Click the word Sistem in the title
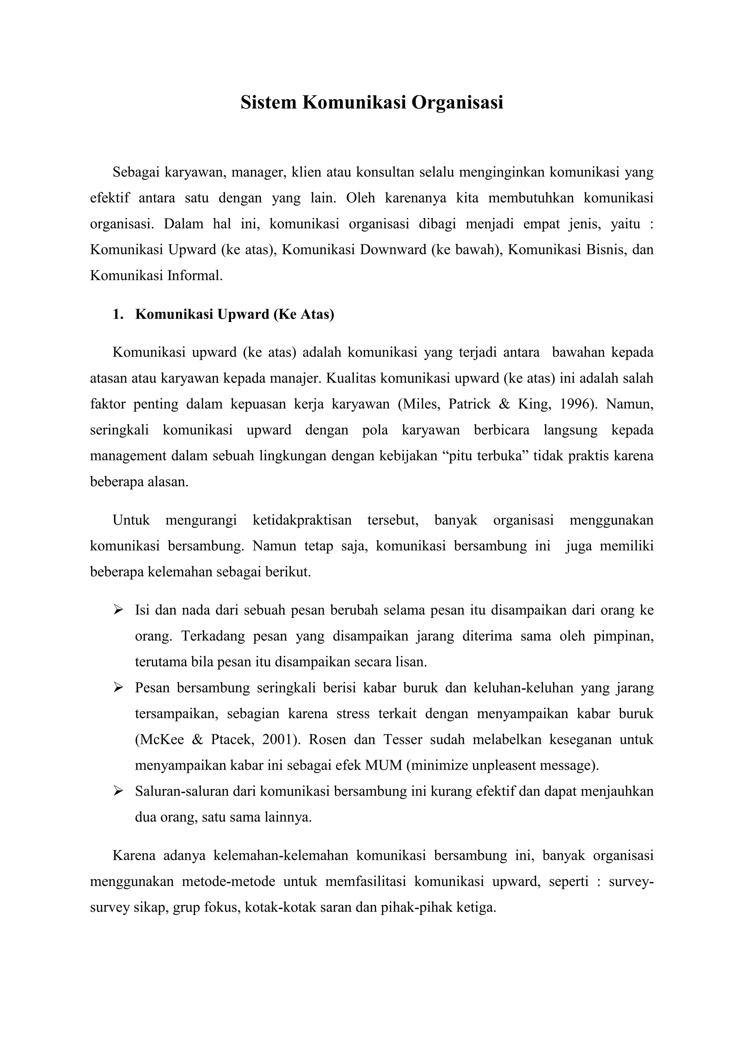tap(268, 102)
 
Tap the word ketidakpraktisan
tap(302, 520)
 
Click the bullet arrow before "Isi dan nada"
tap(118, 610)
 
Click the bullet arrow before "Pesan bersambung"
tap(118, 687)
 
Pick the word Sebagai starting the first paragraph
tap(136, 172)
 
